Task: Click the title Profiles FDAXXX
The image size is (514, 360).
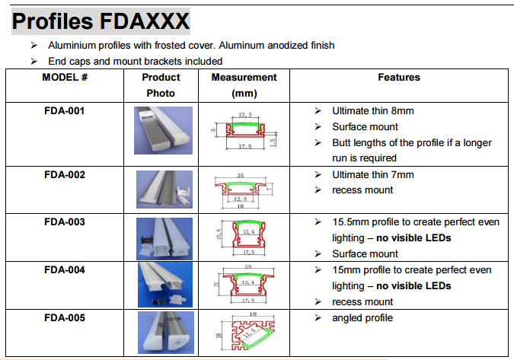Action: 101,21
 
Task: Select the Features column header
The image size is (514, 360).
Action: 399,78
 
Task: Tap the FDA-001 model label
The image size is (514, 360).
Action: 65,111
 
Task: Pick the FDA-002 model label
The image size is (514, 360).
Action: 65,174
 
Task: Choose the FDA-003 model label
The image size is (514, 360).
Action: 65,222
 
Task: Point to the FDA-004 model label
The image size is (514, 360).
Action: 65,270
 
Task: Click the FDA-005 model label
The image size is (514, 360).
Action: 65,318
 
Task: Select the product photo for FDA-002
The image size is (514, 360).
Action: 161,191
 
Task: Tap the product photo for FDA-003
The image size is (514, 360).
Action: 161,238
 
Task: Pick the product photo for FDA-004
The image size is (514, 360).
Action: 161,286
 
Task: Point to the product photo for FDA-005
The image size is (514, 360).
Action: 161,334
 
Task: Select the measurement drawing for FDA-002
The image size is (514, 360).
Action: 244,191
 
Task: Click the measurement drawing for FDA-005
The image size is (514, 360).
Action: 244,334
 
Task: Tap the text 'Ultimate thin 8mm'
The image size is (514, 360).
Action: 373,111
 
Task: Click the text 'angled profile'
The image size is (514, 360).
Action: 362,318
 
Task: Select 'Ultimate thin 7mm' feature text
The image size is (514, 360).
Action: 373,174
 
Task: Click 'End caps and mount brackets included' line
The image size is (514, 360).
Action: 135,61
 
